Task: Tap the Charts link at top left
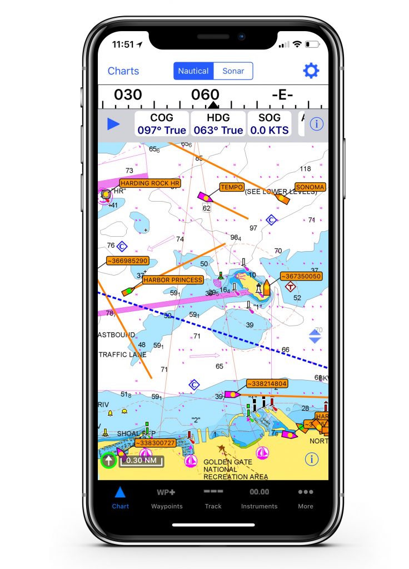coord(123,71)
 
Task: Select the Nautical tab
coord(193,71)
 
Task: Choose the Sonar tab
coord(233,71)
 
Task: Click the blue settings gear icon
coord(311,71)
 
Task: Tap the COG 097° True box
coord(162,124)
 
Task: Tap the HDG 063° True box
coord(218,124)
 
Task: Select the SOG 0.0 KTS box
coord(269,124)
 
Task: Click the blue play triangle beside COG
coord(113,124)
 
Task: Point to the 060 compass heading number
coord(205,95)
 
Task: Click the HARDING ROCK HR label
coord(150,183)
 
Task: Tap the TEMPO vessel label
coord(232,187)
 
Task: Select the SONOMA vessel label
coord(310,187)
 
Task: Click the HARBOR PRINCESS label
coord(173,280)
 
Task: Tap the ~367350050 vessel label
coord(301,276)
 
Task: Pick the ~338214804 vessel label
coord(267,383)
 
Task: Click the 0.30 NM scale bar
coord(141,461)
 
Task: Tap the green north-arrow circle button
coord(108,460)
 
